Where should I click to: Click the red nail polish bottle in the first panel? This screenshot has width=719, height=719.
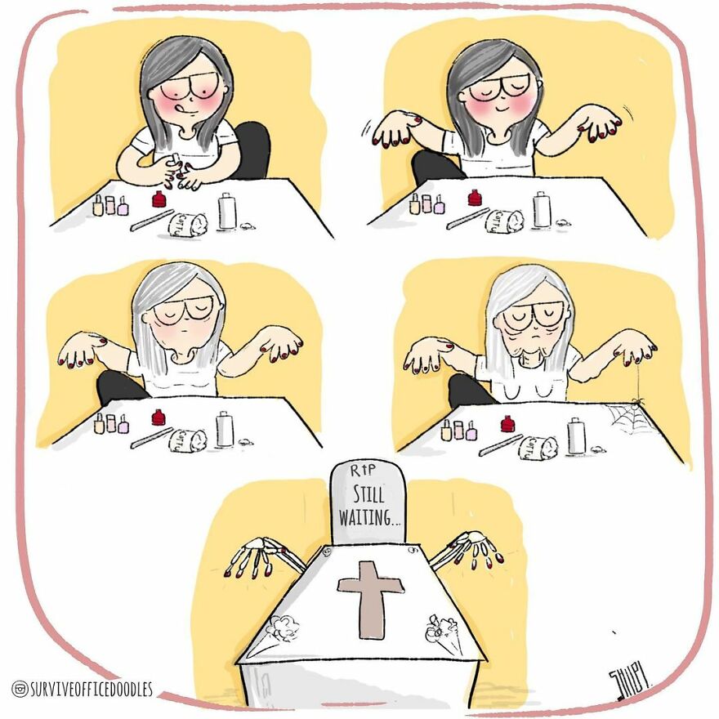click(160, 199)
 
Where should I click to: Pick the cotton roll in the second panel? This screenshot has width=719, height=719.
click(505, 220)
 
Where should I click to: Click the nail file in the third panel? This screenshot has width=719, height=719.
click(152, 437)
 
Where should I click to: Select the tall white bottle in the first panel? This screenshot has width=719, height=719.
click(227, 210)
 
